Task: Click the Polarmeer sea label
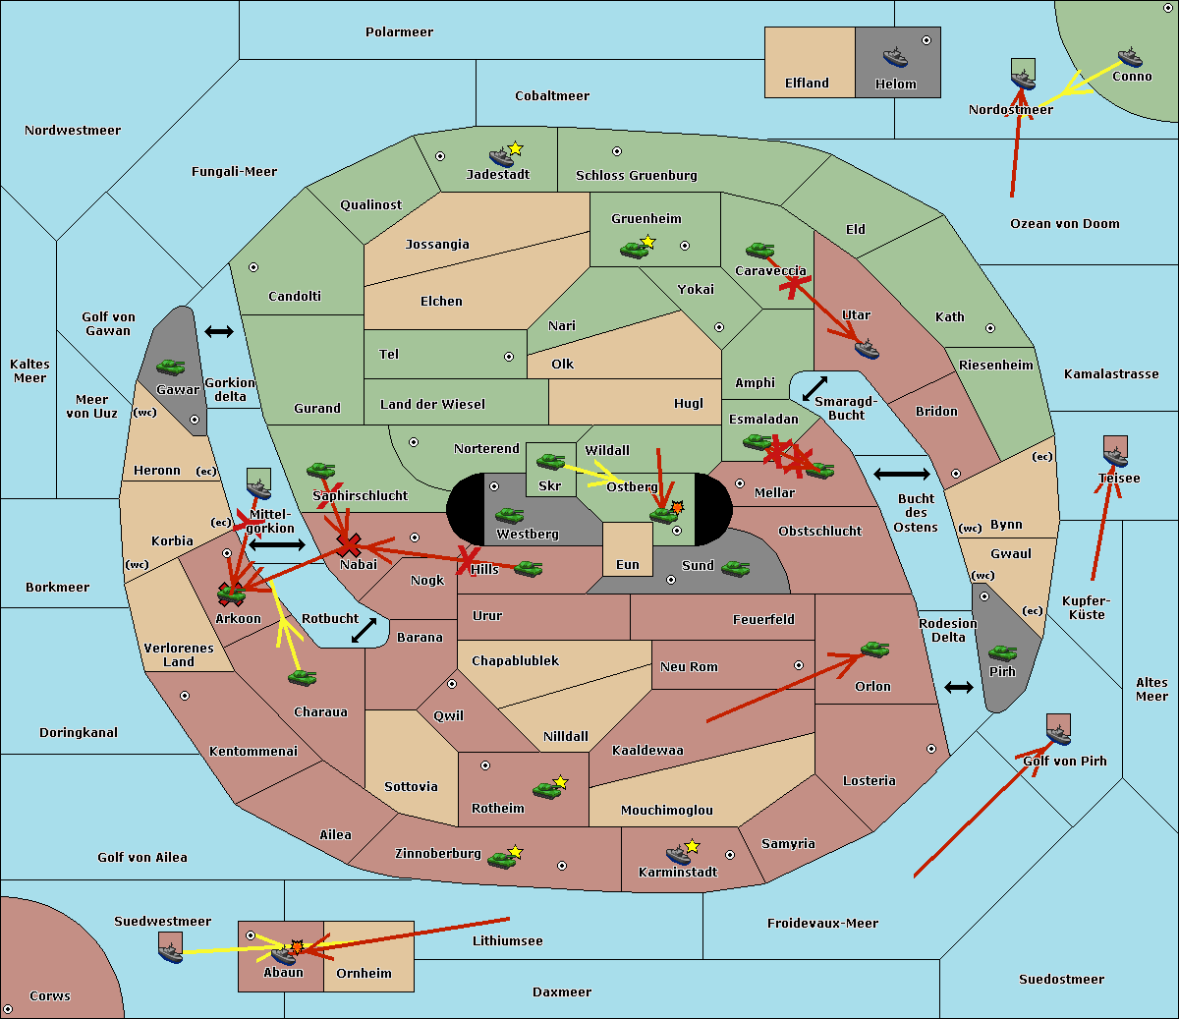coord(399,32)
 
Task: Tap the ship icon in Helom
coord(894,57)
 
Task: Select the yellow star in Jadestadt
coord(516,148)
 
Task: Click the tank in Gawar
coord(171,367)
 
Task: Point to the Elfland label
coord(807,84)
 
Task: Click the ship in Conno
coord(1129,57)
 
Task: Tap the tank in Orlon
coord(873,649)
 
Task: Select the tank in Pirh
coord(1002,652)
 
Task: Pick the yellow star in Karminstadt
coord(692,846)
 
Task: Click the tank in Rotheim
coord(546,789)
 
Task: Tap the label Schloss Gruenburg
coord(636,176)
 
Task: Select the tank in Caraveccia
coord(759,251)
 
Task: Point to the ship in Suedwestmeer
coord(170,949)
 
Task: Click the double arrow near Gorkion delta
coord(218,331)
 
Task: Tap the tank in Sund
coord(735,568)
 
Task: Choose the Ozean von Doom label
coord(1064,224)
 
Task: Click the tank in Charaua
coord(302,677)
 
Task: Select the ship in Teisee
coord(1115,453)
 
